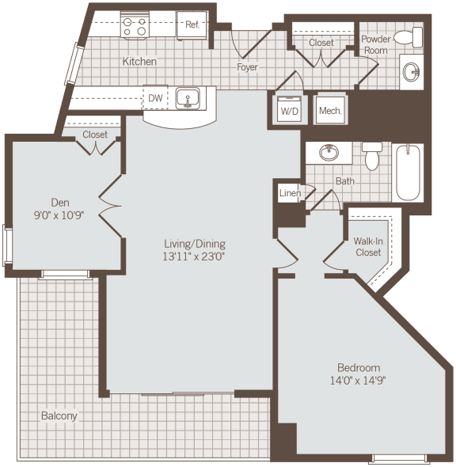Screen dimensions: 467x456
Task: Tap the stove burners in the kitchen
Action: [135, 26]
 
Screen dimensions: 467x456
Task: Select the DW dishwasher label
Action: [155, 98]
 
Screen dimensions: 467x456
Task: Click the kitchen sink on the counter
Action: [188, 98]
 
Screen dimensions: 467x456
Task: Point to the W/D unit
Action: [290, 111]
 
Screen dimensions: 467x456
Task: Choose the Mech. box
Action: [329, 111]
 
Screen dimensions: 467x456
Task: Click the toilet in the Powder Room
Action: [410, 36]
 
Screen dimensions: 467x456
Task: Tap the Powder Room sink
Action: [411, 72]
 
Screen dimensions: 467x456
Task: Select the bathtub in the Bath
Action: [408, 172]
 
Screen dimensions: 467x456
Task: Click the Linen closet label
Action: [289, 193]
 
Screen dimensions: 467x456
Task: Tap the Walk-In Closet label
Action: [367, 247]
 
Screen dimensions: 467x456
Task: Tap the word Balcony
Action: [60, 416]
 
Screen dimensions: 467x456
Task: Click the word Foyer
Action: [248, 67]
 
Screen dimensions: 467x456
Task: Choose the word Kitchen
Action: [139, 61]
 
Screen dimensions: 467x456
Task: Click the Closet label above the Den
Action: [95, 135]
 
